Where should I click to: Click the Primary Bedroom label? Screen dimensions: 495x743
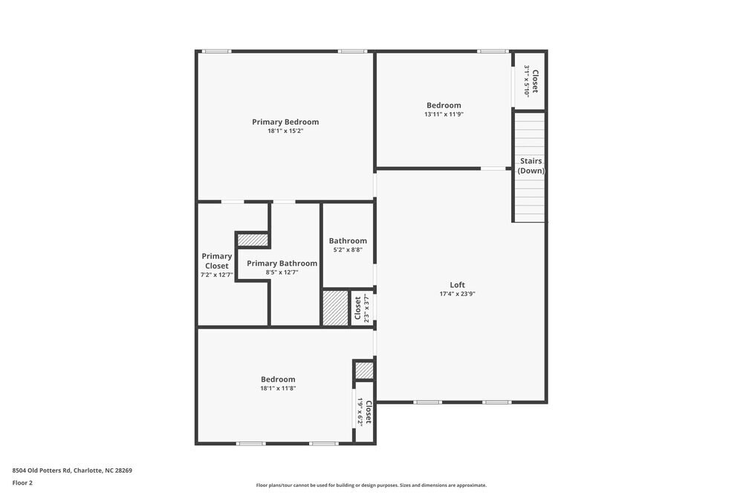[285, 122]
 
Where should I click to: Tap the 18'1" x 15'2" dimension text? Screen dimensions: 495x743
[285, 131]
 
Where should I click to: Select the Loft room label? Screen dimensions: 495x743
[457, 285]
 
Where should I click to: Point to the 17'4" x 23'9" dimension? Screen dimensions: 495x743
[457, 294]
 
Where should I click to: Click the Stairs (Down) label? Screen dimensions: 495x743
[531, 165]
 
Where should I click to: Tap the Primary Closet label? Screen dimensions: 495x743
[216, 260]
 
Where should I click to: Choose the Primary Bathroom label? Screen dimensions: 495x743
[282, 263]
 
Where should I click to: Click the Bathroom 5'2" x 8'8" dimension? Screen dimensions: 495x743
[348, 250]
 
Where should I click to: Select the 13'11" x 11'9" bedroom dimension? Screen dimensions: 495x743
[444, 114]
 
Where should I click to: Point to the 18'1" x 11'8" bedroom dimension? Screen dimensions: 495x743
[277, 388]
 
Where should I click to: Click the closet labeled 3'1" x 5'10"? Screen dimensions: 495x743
[531, 80]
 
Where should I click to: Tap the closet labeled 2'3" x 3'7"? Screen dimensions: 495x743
[362, 308]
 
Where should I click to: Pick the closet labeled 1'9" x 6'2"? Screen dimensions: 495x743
[364, 412]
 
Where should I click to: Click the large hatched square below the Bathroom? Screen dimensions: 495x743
[335, 307]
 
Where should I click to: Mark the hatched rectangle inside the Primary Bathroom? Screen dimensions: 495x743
[253, 240]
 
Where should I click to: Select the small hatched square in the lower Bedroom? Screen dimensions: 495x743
[363, 370]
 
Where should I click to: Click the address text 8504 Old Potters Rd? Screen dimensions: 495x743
[72, 471]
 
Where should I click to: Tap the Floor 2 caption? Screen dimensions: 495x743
[22, 482]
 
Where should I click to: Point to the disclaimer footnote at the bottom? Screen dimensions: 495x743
[371, 485]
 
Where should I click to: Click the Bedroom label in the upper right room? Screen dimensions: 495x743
[444, 105]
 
